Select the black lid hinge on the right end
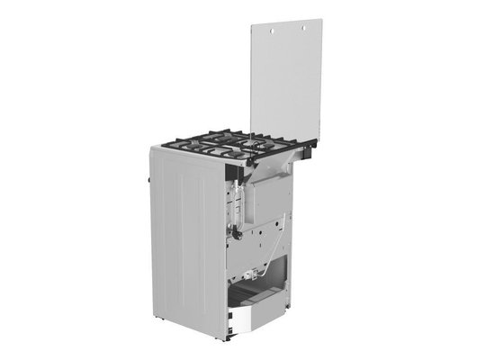point(314,143)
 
